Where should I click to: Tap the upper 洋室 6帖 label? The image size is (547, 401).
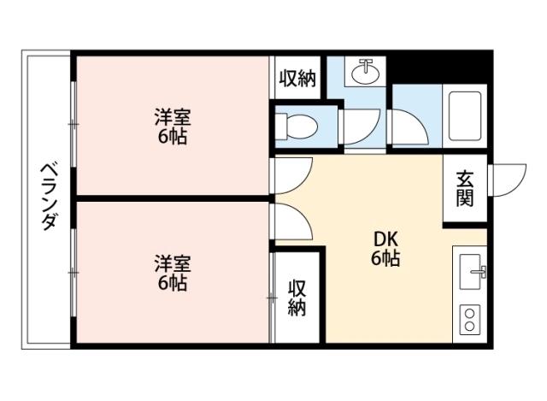(x=172, y=126)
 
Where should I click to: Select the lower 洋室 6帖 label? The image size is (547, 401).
(x=172, y=272)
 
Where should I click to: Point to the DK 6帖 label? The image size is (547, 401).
(x=385, y=249)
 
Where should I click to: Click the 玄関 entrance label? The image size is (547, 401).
(x=464, y=189)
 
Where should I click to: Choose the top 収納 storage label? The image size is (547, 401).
(x=297, y=79)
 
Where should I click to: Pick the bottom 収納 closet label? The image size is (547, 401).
(x=297, y=298)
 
